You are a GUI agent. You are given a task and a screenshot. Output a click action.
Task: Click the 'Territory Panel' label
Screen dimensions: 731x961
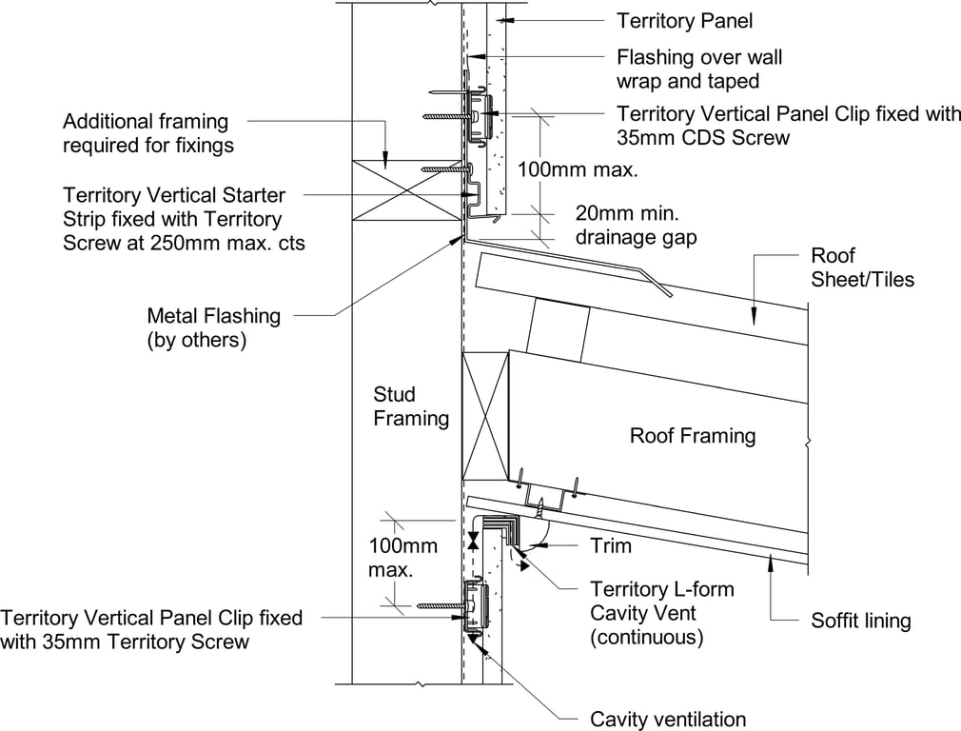(x=684, y=20)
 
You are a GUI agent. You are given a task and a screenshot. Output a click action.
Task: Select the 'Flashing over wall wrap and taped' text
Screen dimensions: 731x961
(x=699, y=68)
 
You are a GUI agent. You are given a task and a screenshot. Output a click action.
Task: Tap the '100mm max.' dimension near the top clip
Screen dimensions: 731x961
(x=577, y=170)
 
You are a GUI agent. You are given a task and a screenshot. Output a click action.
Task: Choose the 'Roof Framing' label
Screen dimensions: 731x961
(x=692, y=436)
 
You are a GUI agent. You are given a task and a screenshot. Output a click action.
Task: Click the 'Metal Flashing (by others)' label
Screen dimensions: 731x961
(x=213, y=326)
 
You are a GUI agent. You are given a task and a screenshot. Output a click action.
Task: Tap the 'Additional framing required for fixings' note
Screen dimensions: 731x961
(x=147, y=133)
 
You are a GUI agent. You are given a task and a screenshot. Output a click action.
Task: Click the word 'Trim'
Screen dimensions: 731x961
(x=610, y=545)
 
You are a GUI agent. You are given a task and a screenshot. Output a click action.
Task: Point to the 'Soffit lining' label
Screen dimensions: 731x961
(x=860, y=621)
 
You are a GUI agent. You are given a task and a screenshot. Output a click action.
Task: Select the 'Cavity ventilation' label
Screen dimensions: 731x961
(x=668, y=719)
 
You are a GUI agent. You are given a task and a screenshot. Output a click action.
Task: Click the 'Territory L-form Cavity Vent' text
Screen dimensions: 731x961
(x=661, y=613)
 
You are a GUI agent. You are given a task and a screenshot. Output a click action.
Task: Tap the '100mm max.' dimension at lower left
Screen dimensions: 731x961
(x=403, y=558)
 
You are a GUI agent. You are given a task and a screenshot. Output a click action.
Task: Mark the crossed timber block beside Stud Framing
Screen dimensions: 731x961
(x=484, y=415)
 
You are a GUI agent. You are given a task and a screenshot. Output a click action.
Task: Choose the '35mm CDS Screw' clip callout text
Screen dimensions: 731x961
(x=789, y=126)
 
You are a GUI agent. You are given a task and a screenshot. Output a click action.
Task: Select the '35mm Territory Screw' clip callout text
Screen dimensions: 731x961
(x=151, y=629)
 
